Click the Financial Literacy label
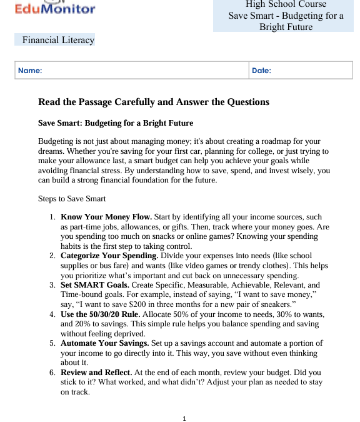58,40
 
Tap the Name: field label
30,71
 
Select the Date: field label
261,71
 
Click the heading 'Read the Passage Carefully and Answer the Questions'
154,102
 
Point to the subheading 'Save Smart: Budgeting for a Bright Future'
116,123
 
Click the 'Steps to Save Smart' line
72,199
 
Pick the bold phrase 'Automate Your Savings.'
104,343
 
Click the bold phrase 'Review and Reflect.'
96,372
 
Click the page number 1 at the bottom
184,418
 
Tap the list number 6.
52,372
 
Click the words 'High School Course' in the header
286,4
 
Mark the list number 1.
52,217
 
